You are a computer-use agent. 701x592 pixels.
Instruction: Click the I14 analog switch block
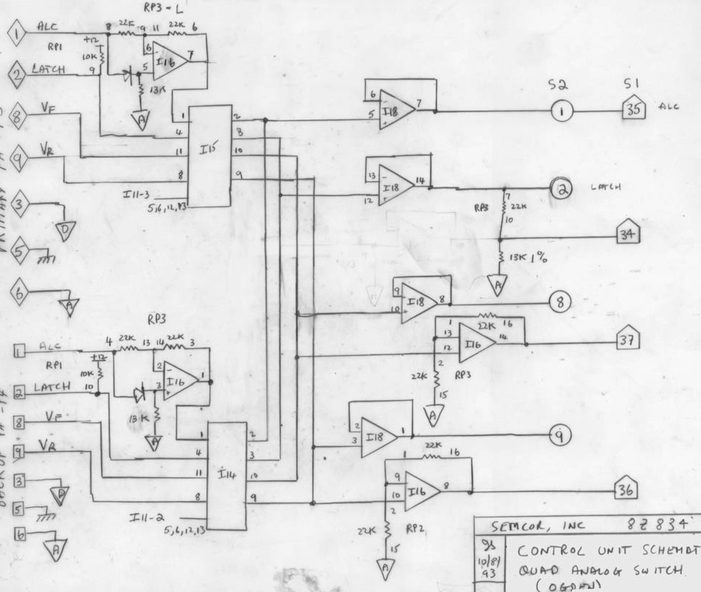point(227,475)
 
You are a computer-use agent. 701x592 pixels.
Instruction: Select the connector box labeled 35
point(632,110)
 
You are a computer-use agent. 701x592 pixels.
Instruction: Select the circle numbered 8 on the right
point(559,302)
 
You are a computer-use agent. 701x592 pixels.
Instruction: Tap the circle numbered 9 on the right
point(560,436)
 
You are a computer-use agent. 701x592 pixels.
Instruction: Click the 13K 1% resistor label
point(533,257)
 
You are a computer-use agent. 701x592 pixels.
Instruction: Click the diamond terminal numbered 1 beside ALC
point(17,32)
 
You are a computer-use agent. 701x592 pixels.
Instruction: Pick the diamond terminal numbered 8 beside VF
point(18,116)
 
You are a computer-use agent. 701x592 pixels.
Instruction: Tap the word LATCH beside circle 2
point(607,188)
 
